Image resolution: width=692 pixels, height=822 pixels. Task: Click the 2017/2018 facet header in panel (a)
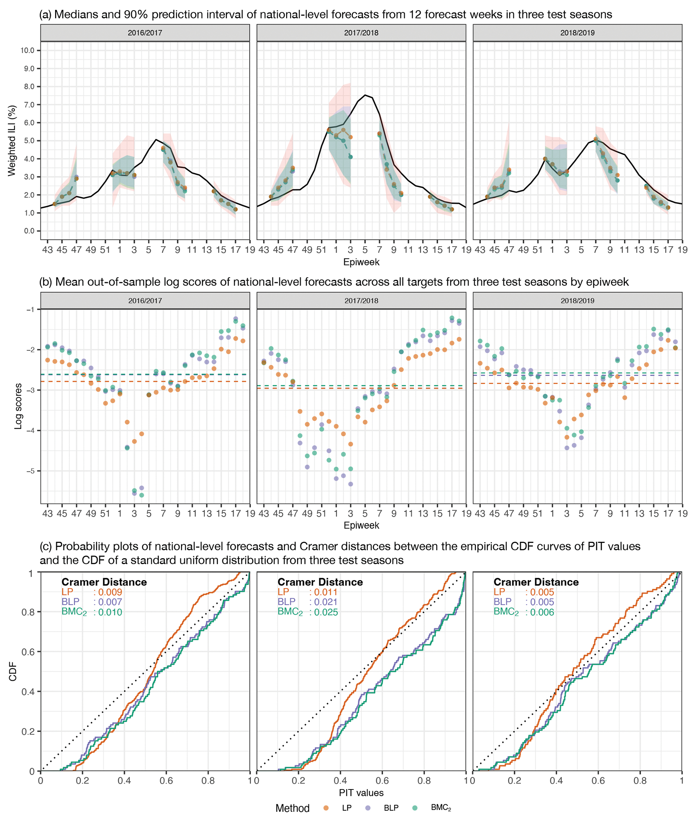[361, 33]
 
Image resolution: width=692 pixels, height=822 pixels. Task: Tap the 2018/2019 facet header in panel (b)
[577, 301]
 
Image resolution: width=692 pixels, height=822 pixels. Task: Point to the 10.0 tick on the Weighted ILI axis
[27, 50]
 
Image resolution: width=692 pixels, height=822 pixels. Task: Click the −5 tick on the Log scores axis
[30, 471]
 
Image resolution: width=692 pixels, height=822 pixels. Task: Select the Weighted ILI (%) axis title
[12, 141]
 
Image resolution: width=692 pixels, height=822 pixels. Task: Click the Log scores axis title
[18, 406]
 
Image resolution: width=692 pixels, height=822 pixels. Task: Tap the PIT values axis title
[361, 793]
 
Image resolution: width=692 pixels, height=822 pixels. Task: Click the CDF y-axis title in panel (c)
[13, 672]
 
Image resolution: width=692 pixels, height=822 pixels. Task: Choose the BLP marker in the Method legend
[368, 808]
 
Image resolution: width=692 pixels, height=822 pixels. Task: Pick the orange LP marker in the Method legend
[326, 808]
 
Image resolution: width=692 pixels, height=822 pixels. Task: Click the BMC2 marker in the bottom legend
[415, 808]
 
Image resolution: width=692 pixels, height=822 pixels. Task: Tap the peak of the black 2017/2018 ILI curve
[365, 95]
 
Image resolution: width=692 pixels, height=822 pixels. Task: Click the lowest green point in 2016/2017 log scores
[142, 495]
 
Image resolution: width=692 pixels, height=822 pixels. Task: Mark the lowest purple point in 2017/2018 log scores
[350, 484]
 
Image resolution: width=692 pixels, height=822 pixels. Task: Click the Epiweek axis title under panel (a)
[361, 262]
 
